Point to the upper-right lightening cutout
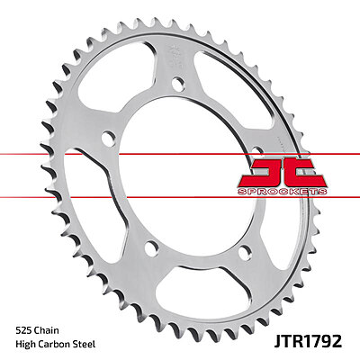[x=232, y=81]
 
